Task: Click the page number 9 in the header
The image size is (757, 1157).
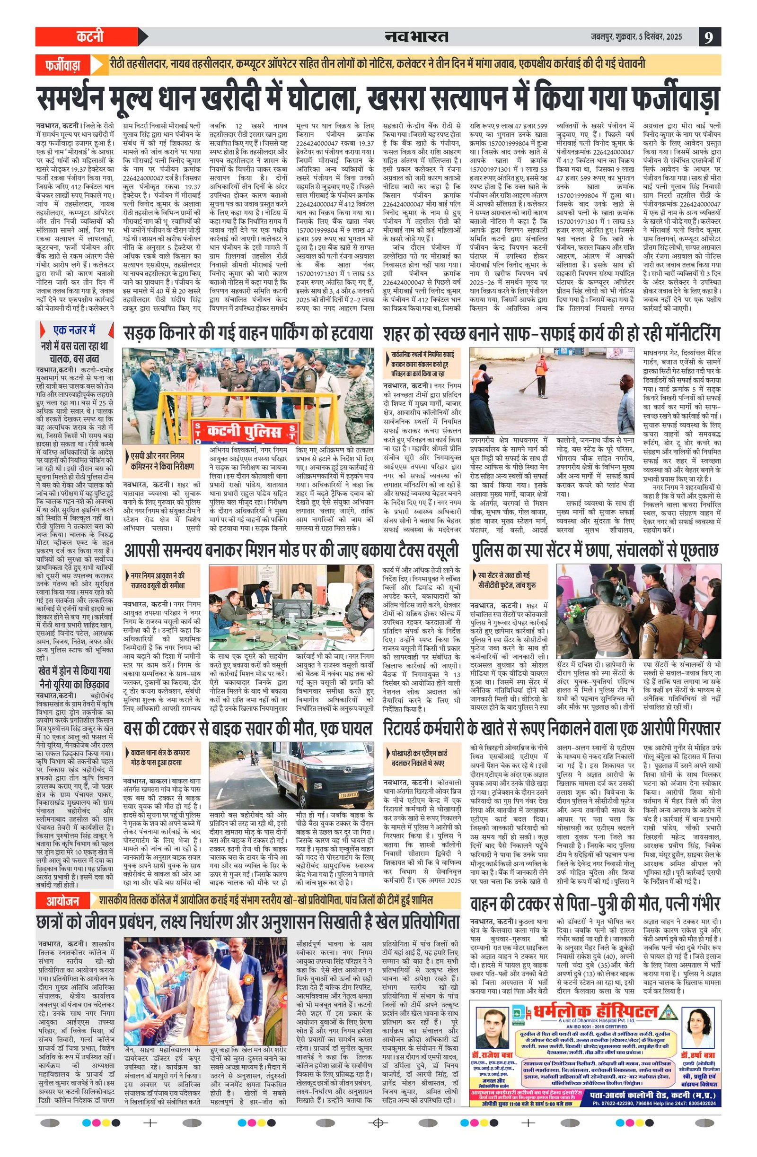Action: pyautogui.click(x=709, y=37)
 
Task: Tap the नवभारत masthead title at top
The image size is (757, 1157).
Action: pyautogui.click(x=416, y=36)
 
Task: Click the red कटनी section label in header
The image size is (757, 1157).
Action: pyautogui.click(x=90, y=37)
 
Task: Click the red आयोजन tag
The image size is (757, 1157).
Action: pyautogui.click(x=63, y=901)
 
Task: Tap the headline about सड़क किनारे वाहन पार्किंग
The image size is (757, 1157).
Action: pyautogui.click(x=247, y=333)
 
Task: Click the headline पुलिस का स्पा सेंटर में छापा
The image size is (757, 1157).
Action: pyautogui.click(x=595, y=550)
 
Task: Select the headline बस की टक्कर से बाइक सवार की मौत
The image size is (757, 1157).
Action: pyautogui.click(x=247, y=728)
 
